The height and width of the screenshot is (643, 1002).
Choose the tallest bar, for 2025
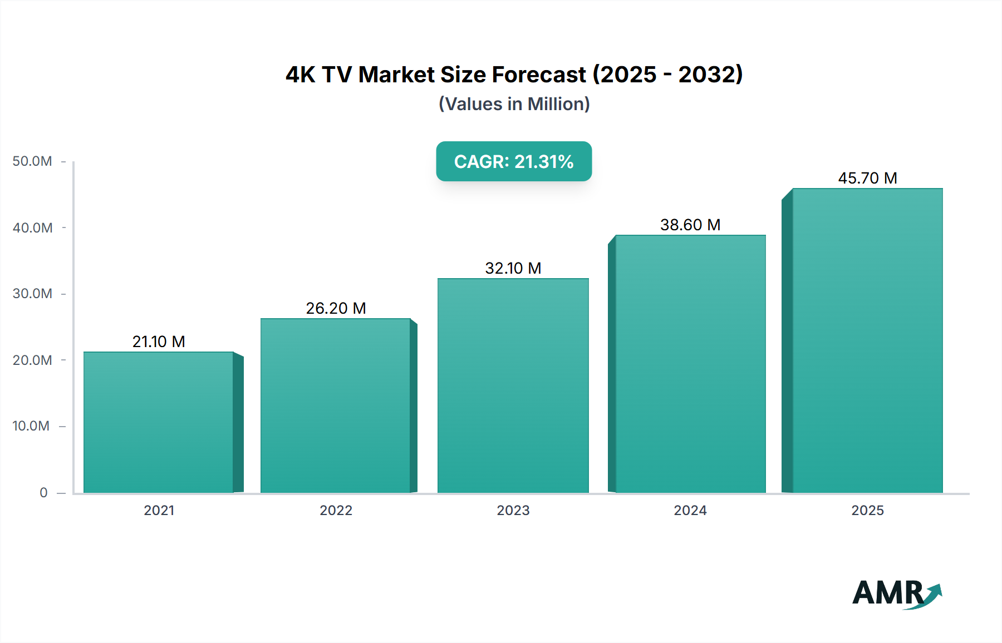[x=867, y=340]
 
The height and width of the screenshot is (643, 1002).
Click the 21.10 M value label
[x=159, y=342]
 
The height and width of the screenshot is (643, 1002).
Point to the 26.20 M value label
[x=336, y=308]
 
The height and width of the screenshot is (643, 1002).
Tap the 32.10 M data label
[x=513, y=268]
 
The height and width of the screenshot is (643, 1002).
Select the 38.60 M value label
[x=690, y=225]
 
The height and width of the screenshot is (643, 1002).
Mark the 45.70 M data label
[x=867, y=178]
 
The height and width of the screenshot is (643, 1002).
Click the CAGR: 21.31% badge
[x=514, y=161]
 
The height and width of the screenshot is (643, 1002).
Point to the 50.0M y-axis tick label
[x=32, y=161]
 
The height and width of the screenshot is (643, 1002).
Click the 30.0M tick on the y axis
[x=32, y=294]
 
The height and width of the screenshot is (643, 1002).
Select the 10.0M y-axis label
[x=31, y=426]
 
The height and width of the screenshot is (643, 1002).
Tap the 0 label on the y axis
[x=43, y=493]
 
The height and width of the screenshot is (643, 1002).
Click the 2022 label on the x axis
[x=336, y=511]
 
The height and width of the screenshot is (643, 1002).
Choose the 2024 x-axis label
[x=690, y=511]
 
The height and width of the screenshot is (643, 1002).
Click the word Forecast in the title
[x=539, y=75]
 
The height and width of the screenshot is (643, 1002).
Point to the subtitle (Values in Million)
[x=514, y=104]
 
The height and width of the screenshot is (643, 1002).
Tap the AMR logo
[x=896, y=593]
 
